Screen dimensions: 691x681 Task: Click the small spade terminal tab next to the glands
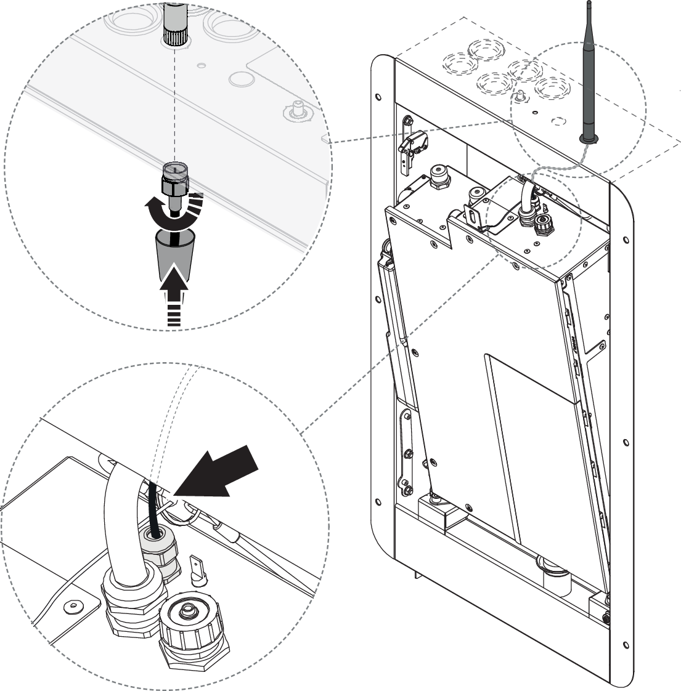pos(200,570)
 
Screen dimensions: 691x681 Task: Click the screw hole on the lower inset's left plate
pos(73,607)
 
